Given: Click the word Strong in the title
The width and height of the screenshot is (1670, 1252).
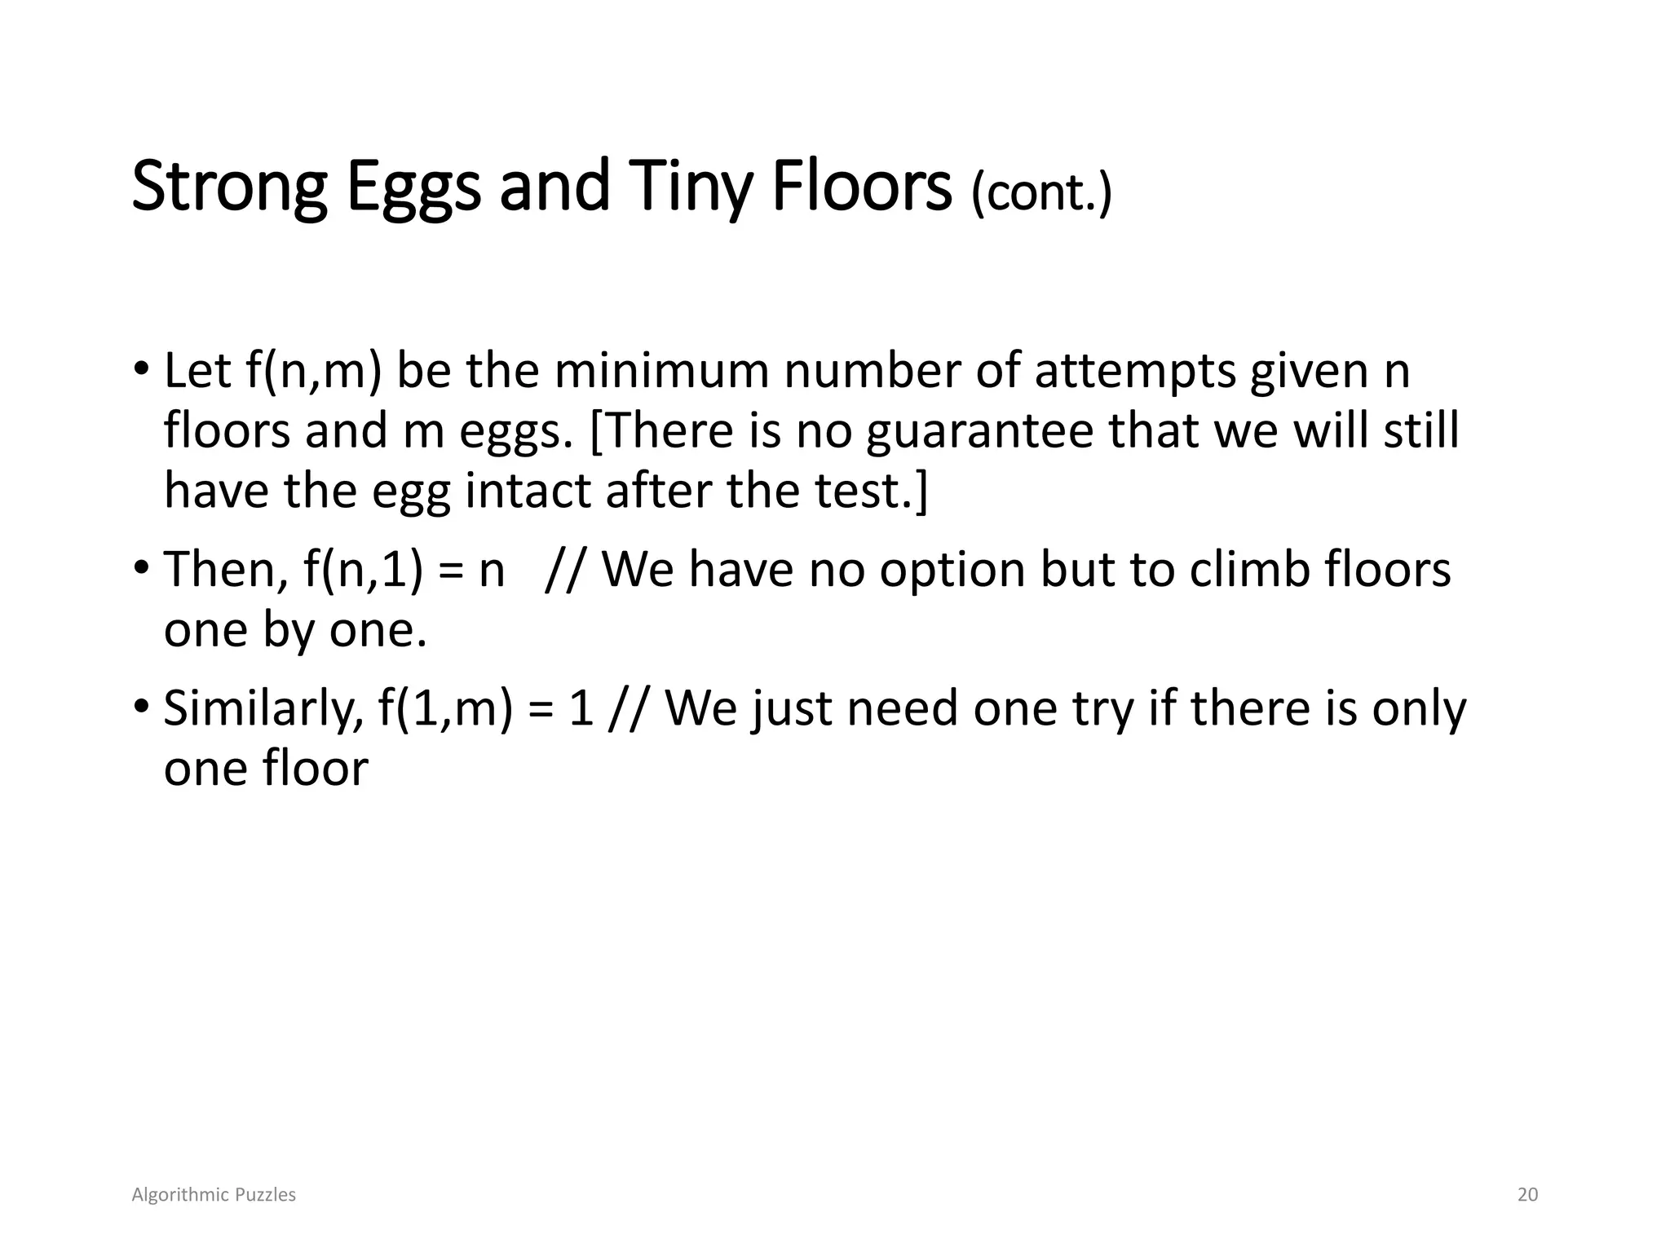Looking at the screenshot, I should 229,187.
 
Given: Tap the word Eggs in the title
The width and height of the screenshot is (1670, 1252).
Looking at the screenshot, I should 413,187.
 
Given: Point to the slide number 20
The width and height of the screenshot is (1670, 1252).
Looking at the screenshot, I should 1527,1195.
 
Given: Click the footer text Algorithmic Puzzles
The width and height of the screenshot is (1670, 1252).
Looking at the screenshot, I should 214,1195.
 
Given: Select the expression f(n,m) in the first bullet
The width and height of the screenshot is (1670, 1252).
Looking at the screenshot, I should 313,372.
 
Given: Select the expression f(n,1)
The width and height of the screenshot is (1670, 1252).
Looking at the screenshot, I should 363,570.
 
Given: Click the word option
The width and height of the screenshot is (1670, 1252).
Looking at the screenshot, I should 953,570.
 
